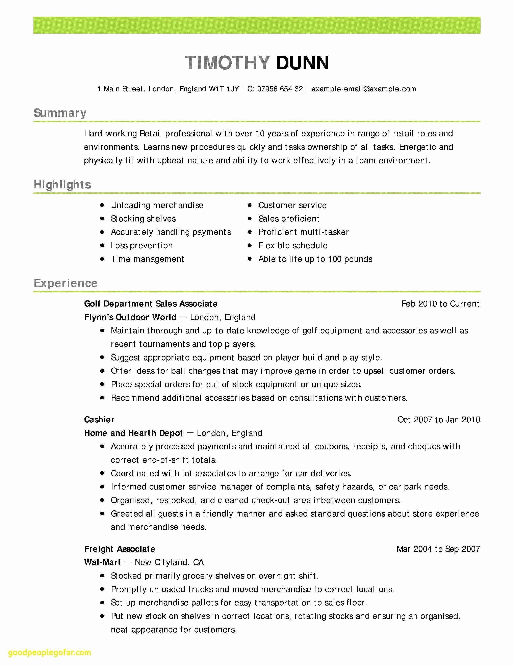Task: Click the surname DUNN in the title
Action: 302,63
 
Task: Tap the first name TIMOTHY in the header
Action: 227,63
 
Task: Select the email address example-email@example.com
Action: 364,89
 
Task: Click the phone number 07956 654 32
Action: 280,89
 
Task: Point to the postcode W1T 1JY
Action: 224,89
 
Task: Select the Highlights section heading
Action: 62,185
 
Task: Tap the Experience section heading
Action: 66,283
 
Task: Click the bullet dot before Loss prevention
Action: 102,245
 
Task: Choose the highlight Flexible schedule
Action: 293,245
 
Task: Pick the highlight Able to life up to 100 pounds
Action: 315,259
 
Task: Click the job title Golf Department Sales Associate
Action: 151,303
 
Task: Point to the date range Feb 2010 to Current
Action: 440,303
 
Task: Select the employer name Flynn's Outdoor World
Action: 130,317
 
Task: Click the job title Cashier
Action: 99,420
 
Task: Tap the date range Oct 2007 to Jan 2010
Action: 438,420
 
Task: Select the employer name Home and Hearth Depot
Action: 133,433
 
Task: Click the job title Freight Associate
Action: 120,549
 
